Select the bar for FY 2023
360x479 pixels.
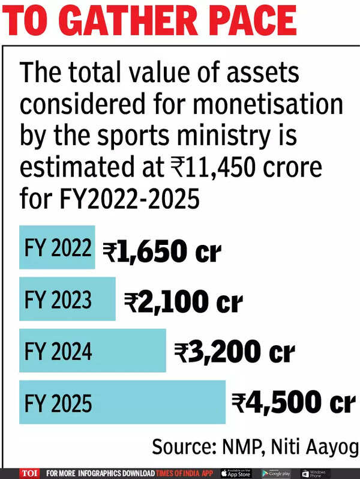coord(67,299)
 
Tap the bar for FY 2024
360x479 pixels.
coord(92,351)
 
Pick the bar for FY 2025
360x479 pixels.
coord(122,402)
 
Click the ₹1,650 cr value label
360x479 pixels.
coord(161,253)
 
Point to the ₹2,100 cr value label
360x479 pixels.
coord(183,303)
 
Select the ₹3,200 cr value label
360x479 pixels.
coord(234,353)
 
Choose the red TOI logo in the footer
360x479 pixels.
coord(29,473)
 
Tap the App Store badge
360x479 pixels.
coord(236,473)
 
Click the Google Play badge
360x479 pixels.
coord(277,473)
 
